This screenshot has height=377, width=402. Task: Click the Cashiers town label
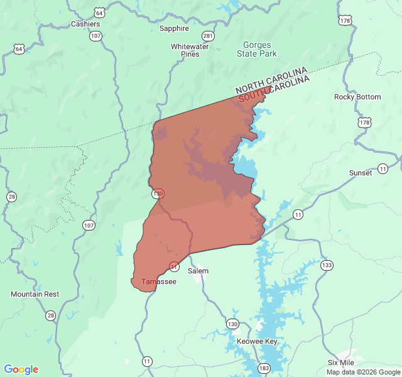[85, 24]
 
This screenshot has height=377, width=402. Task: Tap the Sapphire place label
[174, 28]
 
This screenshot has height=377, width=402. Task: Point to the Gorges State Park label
[256, 50]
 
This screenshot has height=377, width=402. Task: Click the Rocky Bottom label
[357, 97]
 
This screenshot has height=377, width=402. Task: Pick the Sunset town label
[361, 173]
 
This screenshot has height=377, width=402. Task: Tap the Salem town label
[198, 271]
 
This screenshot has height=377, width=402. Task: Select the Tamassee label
[159, 281]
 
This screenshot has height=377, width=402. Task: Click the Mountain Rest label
[35, 294]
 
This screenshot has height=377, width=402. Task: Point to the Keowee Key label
[257, 341]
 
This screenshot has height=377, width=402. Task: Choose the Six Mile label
[341, 363]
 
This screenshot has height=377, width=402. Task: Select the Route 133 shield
[326, 265]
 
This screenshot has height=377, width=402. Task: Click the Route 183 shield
[264, 368]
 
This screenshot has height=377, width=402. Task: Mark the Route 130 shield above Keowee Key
[233, 324]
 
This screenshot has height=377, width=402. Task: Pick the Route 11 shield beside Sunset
[383, 169]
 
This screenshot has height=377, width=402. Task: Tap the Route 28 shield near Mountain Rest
[50, 315]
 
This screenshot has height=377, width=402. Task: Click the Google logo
[21, 369]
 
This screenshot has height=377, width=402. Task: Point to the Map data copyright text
[363, 372]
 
